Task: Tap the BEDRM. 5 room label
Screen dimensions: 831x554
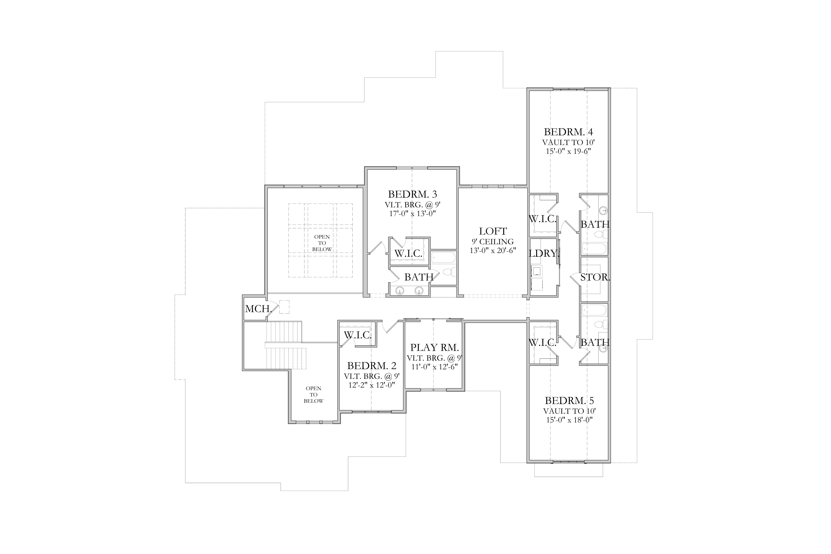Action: click(x=569, y=401)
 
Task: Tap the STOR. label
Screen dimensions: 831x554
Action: click(x=595, y=277)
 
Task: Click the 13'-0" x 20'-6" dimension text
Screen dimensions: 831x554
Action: click(x=493, y=250)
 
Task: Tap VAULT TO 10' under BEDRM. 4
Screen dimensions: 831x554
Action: click(x=569, y=142)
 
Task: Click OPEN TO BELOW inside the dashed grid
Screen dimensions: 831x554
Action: click(x=322, y=243)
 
